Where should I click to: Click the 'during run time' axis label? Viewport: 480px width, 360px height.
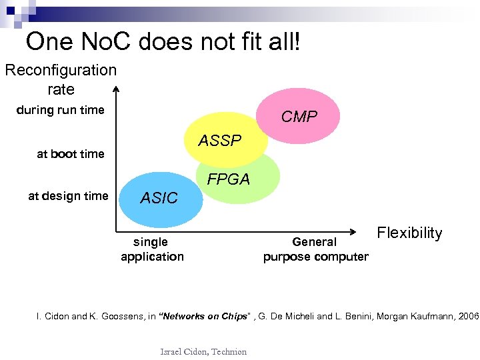point(61,110)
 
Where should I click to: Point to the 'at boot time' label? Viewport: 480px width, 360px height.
point(71,154)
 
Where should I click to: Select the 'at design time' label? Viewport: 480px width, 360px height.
point(67,196)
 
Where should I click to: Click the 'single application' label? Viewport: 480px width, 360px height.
point(152,249)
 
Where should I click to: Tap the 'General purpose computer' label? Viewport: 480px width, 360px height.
point(315,249)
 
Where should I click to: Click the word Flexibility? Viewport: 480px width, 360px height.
point(409,233)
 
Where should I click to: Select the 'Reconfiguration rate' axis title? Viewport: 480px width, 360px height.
point(61,79)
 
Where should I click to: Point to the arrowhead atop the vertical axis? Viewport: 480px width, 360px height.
point(116,89)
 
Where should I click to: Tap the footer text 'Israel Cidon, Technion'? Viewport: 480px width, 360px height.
point(203,351)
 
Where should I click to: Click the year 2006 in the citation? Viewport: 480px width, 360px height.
point(469,316)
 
